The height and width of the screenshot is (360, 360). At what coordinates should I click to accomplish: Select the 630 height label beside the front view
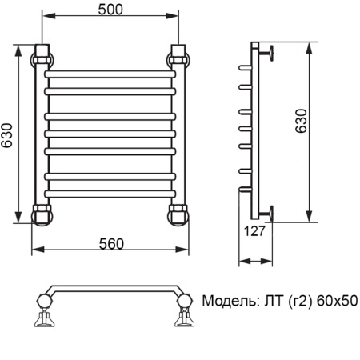point(7,137)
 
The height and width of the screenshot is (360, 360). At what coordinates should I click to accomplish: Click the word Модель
point(227,302)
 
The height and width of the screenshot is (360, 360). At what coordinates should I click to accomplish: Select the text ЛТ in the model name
point(271,302)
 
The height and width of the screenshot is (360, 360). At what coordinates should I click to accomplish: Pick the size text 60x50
point(337,302)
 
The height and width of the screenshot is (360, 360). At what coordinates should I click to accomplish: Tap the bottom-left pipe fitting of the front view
point(42,214)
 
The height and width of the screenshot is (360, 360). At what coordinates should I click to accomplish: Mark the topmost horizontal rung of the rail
point(110,74)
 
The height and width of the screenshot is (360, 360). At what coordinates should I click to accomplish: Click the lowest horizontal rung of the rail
point(110,193)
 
